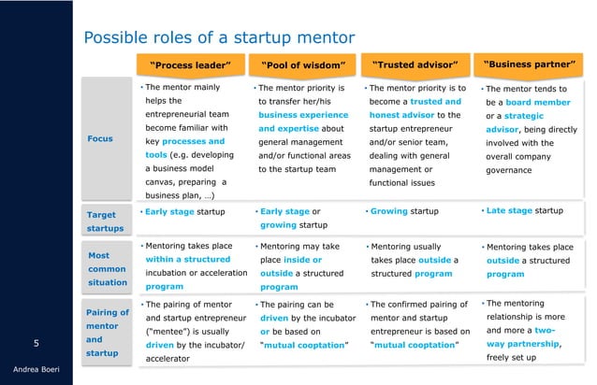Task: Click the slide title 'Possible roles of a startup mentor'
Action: tap(220, 38)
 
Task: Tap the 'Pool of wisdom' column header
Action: tap(304, 65)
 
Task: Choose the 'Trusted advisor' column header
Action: tap(415, 65)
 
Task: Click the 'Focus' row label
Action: tap(99, 138)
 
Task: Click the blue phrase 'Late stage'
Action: tap(509, 210)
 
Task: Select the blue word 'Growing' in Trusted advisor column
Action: tap(388, 211)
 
